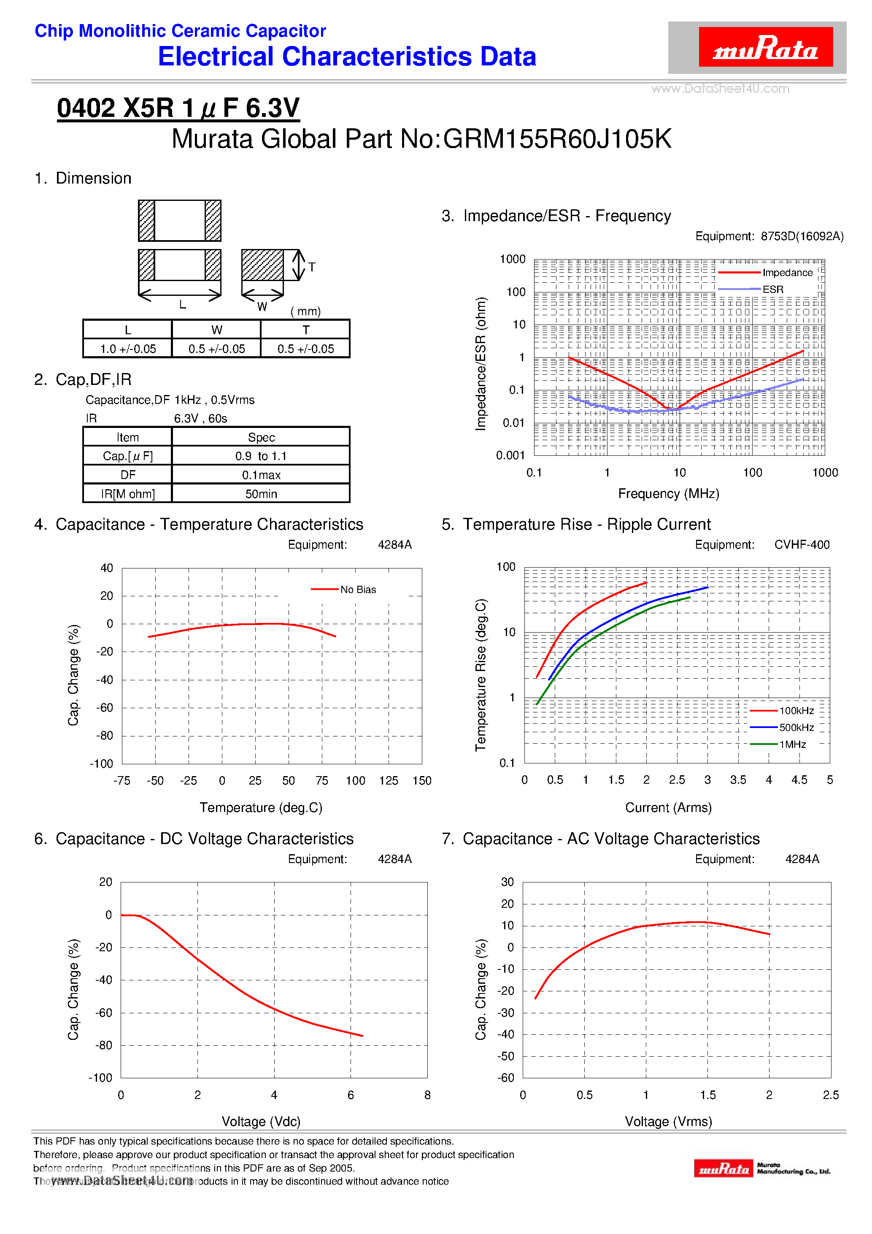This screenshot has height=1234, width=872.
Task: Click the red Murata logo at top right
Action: tap(765, 47)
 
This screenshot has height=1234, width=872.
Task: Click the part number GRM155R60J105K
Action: tap(557, 139)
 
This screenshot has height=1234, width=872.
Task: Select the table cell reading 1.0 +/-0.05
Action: tap(128, 349)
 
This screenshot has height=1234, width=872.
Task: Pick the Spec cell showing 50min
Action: tap(261, 494)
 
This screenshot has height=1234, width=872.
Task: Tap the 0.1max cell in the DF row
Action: tap(261, 475)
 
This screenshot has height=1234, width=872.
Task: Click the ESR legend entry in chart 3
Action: tap(772, 289)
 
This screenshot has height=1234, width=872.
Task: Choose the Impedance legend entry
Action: tap(787, 273)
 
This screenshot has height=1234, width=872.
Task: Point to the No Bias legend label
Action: tap(358, 590)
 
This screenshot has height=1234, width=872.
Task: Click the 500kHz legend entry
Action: tap(796, 728)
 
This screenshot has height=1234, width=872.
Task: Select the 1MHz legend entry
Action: tap(793, 744)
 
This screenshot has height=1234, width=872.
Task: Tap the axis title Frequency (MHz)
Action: tap(668, 493)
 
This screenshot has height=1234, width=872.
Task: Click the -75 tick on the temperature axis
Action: tap(122, 780)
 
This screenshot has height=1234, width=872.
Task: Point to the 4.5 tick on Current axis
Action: tap(799, 780)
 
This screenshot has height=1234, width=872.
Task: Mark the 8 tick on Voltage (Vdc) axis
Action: tap(427, 1095)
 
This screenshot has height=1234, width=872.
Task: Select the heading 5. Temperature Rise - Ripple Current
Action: tap(576, 524)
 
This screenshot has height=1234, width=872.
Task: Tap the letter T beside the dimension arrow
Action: tap(312, 267)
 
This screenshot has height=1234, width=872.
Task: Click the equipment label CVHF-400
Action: tap(802, 544)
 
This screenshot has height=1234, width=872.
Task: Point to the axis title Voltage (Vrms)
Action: tap(668, 1122)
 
